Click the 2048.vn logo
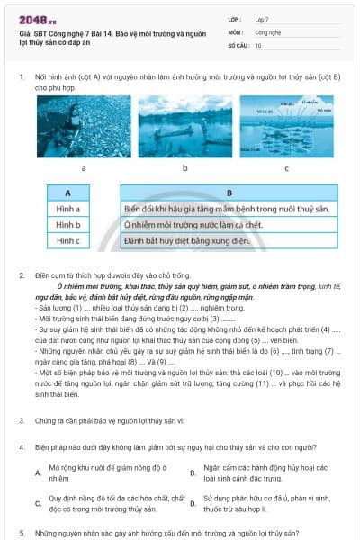tap(36, 19)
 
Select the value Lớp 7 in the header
tap(263, 18)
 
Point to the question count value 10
tap(258, 44)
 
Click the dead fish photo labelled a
tap(84, 127)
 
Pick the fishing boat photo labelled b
tap(185, 127)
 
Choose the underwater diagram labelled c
tap(287, 127)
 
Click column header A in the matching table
tap(68, 193)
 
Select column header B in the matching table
tap(229, 193)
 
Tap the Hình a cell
tap(68, 209)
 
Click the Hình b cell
tap(68, 225)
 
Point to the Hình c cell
tap(68, 241)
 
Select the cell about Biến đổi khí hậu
tap(229, 209)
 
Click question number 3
tap(21, 419)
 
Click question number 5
tap(21, 533)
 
